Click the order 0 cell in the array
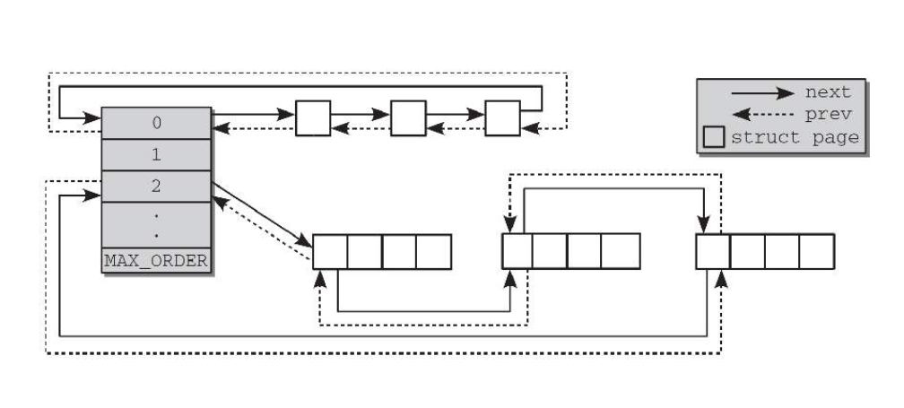click(x=156, y=122)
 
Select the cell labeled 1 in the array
click(x=156, y=154)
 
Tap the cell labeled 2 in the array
click(x=156, y=187)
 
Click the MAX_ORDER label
click(x=156, y=261)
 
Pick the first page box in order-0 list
click(x=313, y=118)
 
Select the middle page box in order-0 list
click(x=407, y=118)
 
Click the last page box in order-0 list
click(x=502, y=118)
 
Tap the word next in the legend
click(x=828, y=91)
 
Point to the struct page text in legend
click(x=795, y=137)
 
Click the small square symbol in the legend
click(x=715, y=137)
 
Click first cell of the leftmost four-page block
click(x=329, y=252)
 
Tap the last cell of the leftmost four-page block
click(x=433, y=252)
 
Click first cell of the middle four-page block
click(x=517, y=252)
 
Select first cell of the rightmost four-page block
click(x=713, y=252)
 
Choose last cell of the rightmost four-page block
click(x=817, y=252)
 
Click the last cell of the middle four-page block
click(x=621, y=252)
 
